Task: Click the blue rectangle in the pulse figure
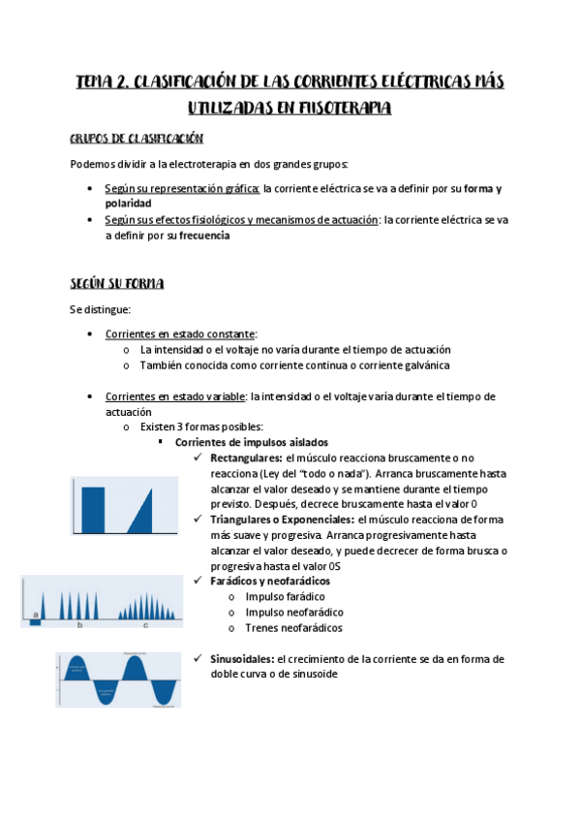(93, 510)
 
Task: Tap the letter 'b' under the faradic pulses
(79, 626)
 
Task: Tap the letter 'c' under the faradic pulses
(145, 626)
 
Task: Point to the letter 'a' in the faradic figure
(36, 615)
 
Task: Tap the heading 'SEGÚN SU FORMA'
(116, 283)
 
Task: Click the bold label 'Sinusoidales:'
(242, 659)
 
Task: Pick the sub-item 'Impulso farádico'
(286, 596)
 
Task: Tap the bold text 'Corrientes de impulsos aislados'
(252, 442)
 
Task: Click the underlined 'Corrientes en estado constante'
(180, 333)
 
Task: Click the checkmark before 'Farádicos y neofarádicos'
(198, 581)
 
